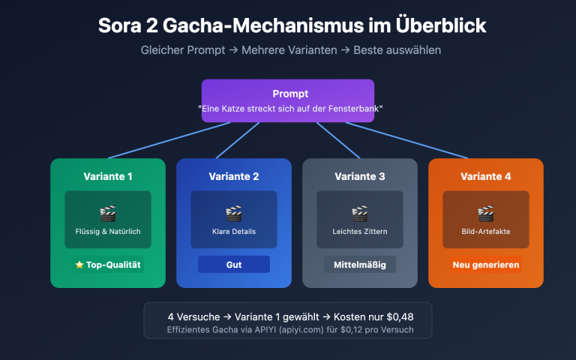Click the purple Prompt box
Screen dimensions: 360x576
(287, 100)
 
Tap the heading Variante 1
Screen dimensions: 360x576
(108, 177)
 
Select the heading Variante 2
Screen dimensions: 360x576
(234, 177)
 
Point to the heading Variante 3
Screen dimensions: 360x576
(360, 177)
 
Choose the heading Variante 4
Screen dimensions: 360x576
(486, 177)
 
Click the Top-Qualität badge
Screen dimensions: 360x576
(108, 265)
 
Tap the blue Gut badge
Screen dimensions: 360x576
(234, 265)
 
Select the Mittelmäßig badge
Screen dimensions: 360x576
(360, 265)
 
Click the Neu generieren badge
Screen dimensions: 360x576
(486, 265)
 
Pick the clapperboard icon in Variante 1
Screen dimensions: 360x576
(108, 213)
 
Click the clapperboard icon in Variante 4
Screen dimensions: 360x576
(486, 213)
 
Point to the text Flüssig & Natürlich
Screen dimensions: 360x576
(108, 232)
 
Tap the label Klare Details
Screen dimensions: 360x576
(234, 232)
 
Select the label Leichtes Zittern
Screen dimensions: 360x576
(360, 232)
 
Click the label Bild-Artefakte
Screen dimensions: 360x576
(486, 232)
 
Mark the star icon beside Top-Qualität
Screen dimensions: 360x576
(79, 265)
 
